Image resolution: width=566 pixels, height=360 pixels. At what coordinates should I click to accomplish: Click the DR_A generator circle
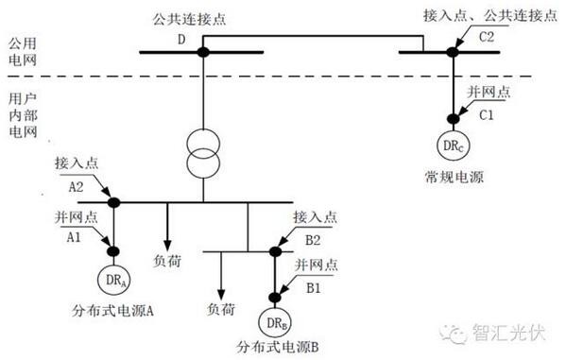click(114, 281)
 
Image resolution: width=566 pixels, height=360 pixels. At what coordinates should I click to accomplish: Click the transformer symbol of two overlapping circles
click(202, 155)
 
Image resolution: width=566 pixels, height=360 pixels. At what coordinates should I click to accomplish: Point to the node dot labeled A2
click(114, 202)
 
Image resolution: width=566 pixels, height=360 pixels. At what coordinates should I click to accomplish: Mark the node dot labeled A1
click(114, 251)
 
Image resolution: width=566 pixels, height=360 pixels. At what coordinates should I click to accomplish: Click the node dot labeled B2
click(277, 251)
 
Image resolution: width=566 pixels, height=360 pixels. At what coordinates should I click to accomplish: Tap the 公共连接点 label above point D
click(199, 18)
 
